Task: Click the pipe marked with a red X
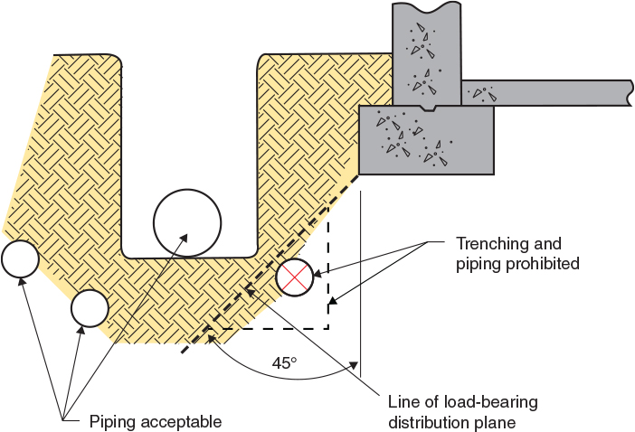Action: [x=295, y=277]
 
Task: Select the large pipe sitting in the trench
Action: [x=187, y=222]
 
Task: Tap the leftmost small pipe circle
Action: [x=20, y=259]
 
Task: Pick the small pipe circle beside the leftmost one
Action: [x=90, y=308]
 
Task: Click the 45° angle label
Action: [x=284, y=363]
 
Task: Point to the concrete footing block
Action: [x=426, y=140]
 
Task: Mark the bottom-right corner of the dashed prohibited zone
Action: [x=327, y=327]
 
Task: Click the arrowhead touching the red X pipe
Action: [x=319, y=270]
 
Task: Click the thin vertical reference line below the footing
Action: [x=360, y=271]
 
